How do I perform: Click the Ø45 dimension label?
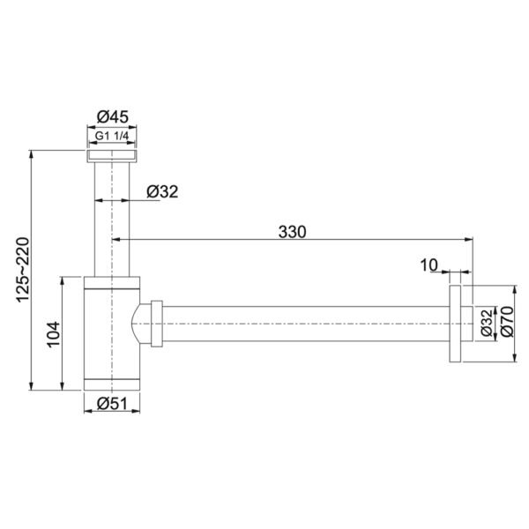point(113,116)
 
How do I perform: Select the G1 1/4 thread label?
point(112,136)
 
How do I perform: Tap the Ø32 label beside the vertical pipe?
point(162,191)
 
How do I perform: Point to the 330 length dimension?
point(292,232)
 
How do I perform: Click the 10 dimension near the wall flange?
point(428,265)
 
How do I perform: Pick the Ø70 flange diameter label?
point(507,321)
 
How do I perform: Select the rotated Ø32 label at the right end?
point(487,324)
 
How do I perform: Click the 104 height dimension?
point(53,334)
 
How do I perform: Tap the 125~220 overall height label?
point(24,270)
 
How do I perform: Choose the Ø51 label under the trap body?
point(112,403)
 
